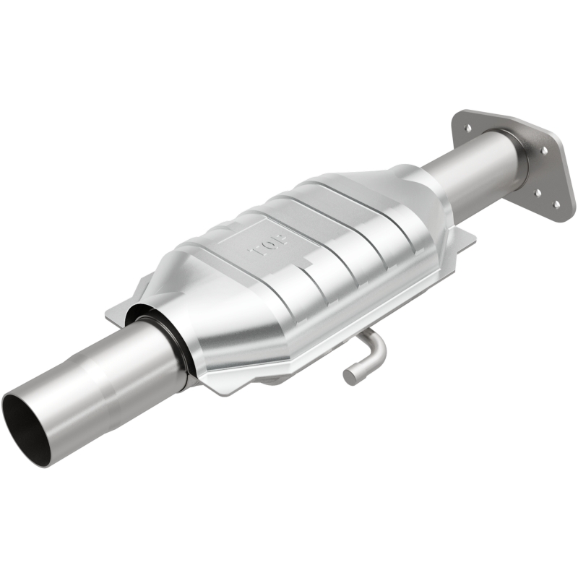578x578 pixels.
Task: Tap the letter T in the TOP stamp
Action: point(282,236)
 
